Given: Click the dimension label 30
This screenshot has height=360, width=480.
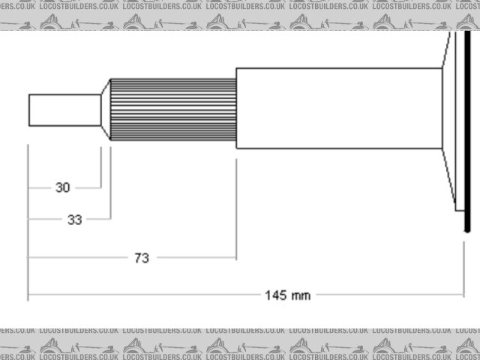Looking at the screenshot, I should pos(63,187).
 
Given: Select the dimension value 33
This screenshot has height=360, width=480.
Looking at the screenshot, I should pos(75,220).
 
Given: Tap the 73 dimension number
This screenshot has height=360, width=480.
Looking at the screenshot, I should pos(142,257).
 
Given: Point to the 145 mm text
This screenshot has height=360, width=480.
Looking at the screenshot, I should pos(287,295).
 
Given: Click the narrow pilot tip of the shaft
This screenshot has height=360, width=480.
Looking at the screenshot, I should pos(64,109).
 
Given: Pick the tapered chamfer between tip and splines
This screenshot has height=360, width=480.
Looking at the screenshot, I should pos(106,109).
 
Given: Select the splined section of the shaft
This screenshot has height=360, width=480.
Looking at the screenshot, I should pos(173,109).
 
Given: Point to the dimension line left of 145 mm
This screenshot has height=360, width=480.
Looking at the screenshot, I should pos(142,295).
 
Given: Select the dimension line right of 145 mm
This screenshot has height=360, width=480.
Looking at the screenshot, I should pos(390,295).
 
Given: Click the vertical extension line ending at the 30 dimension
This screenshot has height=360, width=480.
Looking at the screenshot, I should pos(101,169).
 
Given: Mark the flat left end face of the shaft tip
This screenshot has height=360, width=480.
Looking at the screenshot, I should pos(29,109).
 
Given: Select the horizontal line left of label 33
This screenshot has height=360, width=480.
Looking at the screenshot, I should pos(45,220).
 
